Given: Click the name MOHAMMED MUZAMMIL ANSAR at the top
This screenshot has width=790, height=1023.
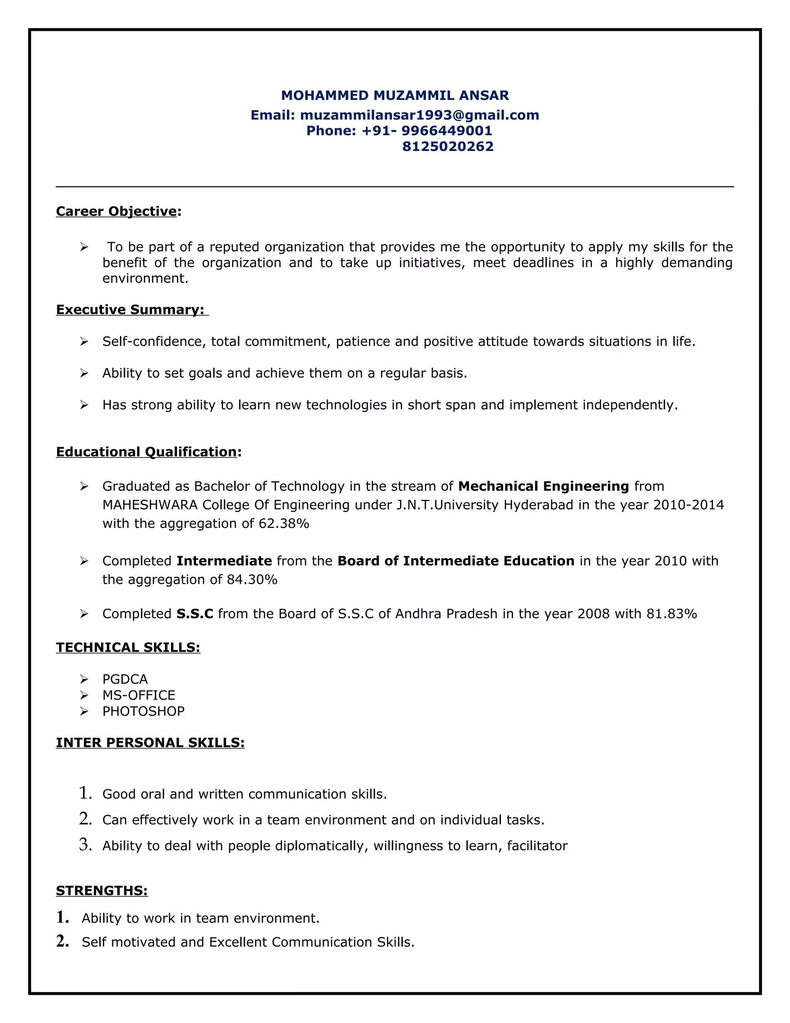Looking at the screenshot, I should coord(395,96).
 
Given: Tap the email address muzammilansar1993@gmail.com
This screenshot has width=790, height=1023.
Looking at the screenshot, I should coord(419,115).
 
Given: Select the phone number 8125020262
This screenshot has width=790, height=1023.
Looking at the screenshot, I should coord(448,147).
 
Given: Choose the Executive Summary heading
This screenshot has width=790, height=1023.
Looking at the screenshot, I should coord(130,310).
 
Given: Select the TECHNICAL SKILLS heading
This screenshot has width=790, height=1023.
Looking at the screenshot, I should coord(128,647).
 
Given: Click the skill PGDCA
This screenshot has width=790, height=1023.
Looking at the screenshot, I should coord(125,679).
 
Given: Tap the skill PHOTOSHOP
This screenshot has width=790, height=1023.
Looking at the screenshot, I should coord(143,711).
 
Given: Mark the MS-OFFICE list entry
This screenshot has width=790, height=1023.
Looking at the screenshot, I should coord(138,695).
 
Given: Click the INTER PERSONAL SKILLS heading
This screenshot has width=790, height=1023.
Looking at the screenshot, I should coord(150,743).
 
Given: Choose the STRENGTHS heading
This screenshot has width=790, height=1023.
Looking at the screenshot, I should coord(101,891).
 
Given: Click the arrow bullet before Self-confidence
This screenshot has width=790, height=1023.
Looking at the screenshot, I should coord(84,342).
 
